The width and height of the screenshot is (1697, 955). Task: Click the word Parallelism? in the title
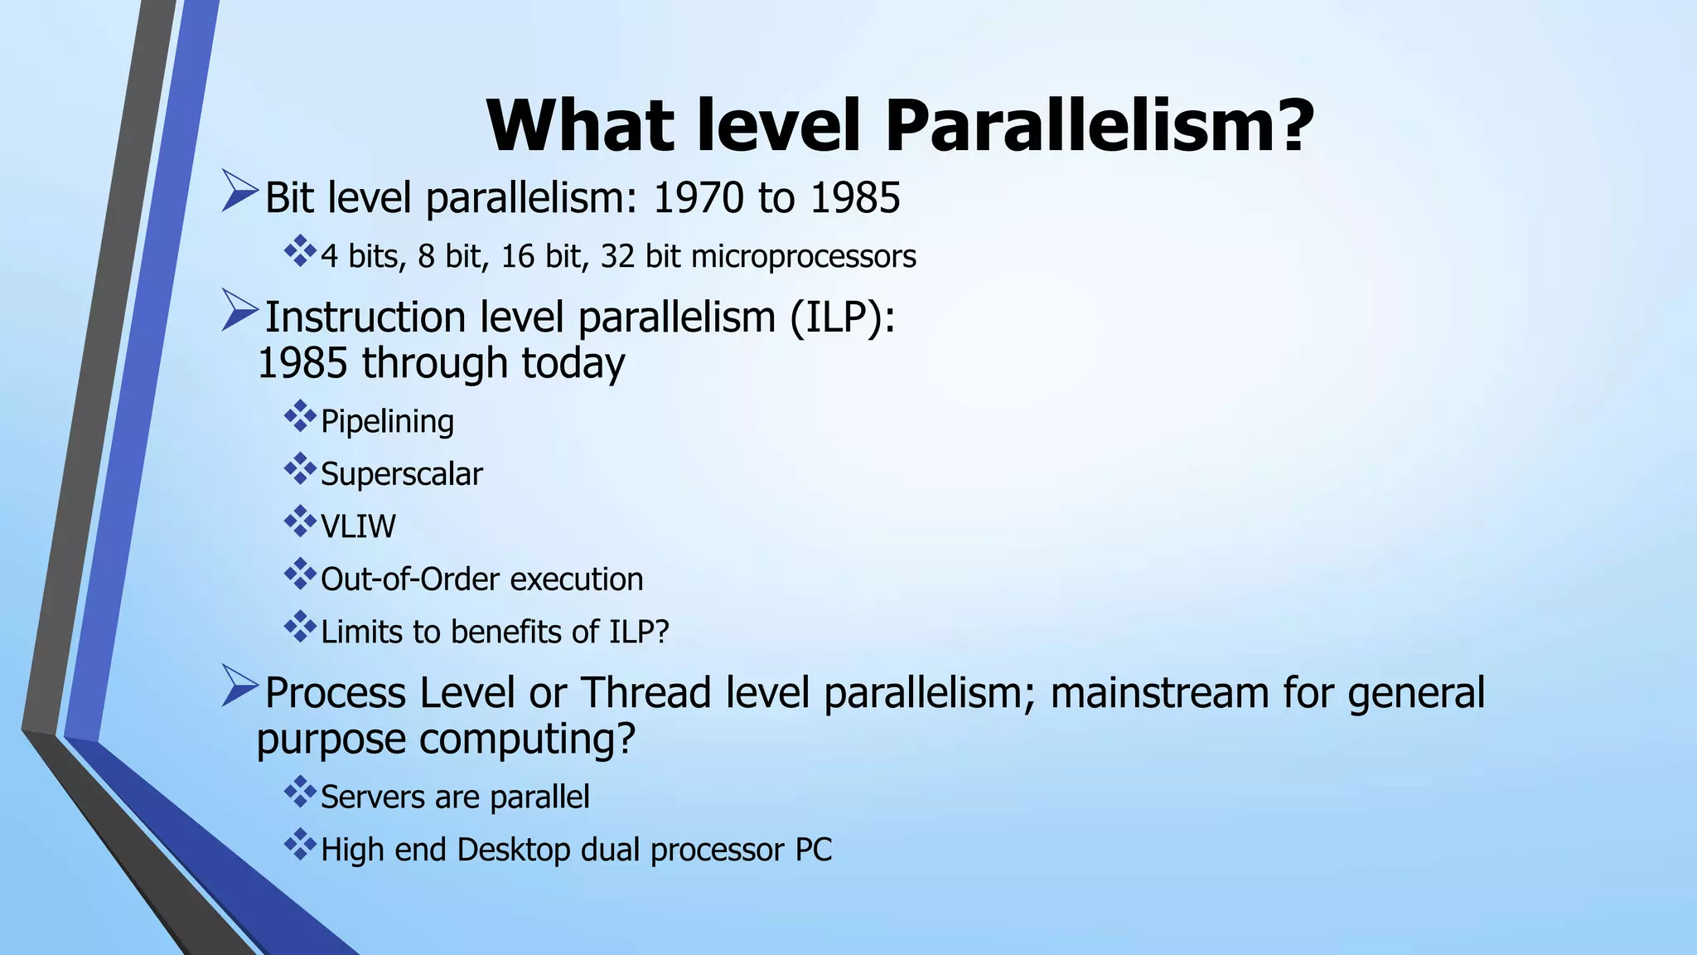(1100, 126)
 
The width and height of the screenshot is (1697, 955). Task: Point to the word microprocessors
(803, 257)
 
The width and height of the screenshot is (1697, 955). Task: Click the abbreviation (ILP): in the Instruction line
(842, 318)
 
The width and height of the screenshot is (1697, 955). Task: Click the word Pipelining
(387, 422)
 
